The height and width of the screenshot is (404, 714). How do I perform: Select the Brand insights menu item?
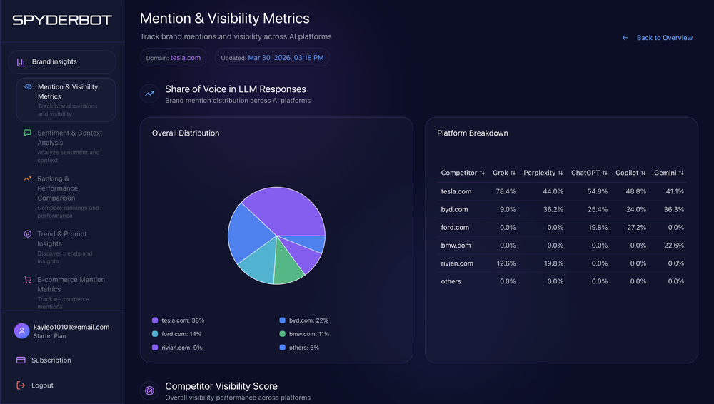(54, 62)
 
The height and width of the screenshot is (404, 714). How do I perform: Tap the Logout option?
(42, 385)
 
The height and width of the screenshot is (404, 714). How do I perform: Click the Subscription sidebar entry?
(51, 360)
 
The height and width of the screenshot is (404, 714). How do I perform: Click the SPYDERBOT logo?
(62, 20)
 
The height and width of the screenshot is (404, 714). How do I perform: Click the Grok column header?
(501, 173)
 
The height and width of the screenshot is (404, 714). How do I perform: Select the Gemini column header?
(665, 173)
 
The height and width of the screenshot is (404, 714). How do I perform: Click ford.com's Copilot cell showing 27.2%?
(635, 227)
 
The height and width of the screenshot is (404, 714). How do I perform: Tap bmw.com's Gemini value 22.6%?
(674, 245)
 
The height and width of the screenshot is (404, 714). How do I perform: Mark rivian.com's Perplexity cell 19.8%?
(553, 263)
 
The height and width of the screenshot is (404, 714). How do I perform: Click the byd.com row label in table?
(454, 209)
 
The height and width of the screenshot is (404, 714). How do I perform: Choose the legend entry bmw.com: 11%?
(308, 334)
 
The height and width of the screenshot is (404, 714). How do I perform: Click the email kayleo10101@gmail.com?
(71, 327)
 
